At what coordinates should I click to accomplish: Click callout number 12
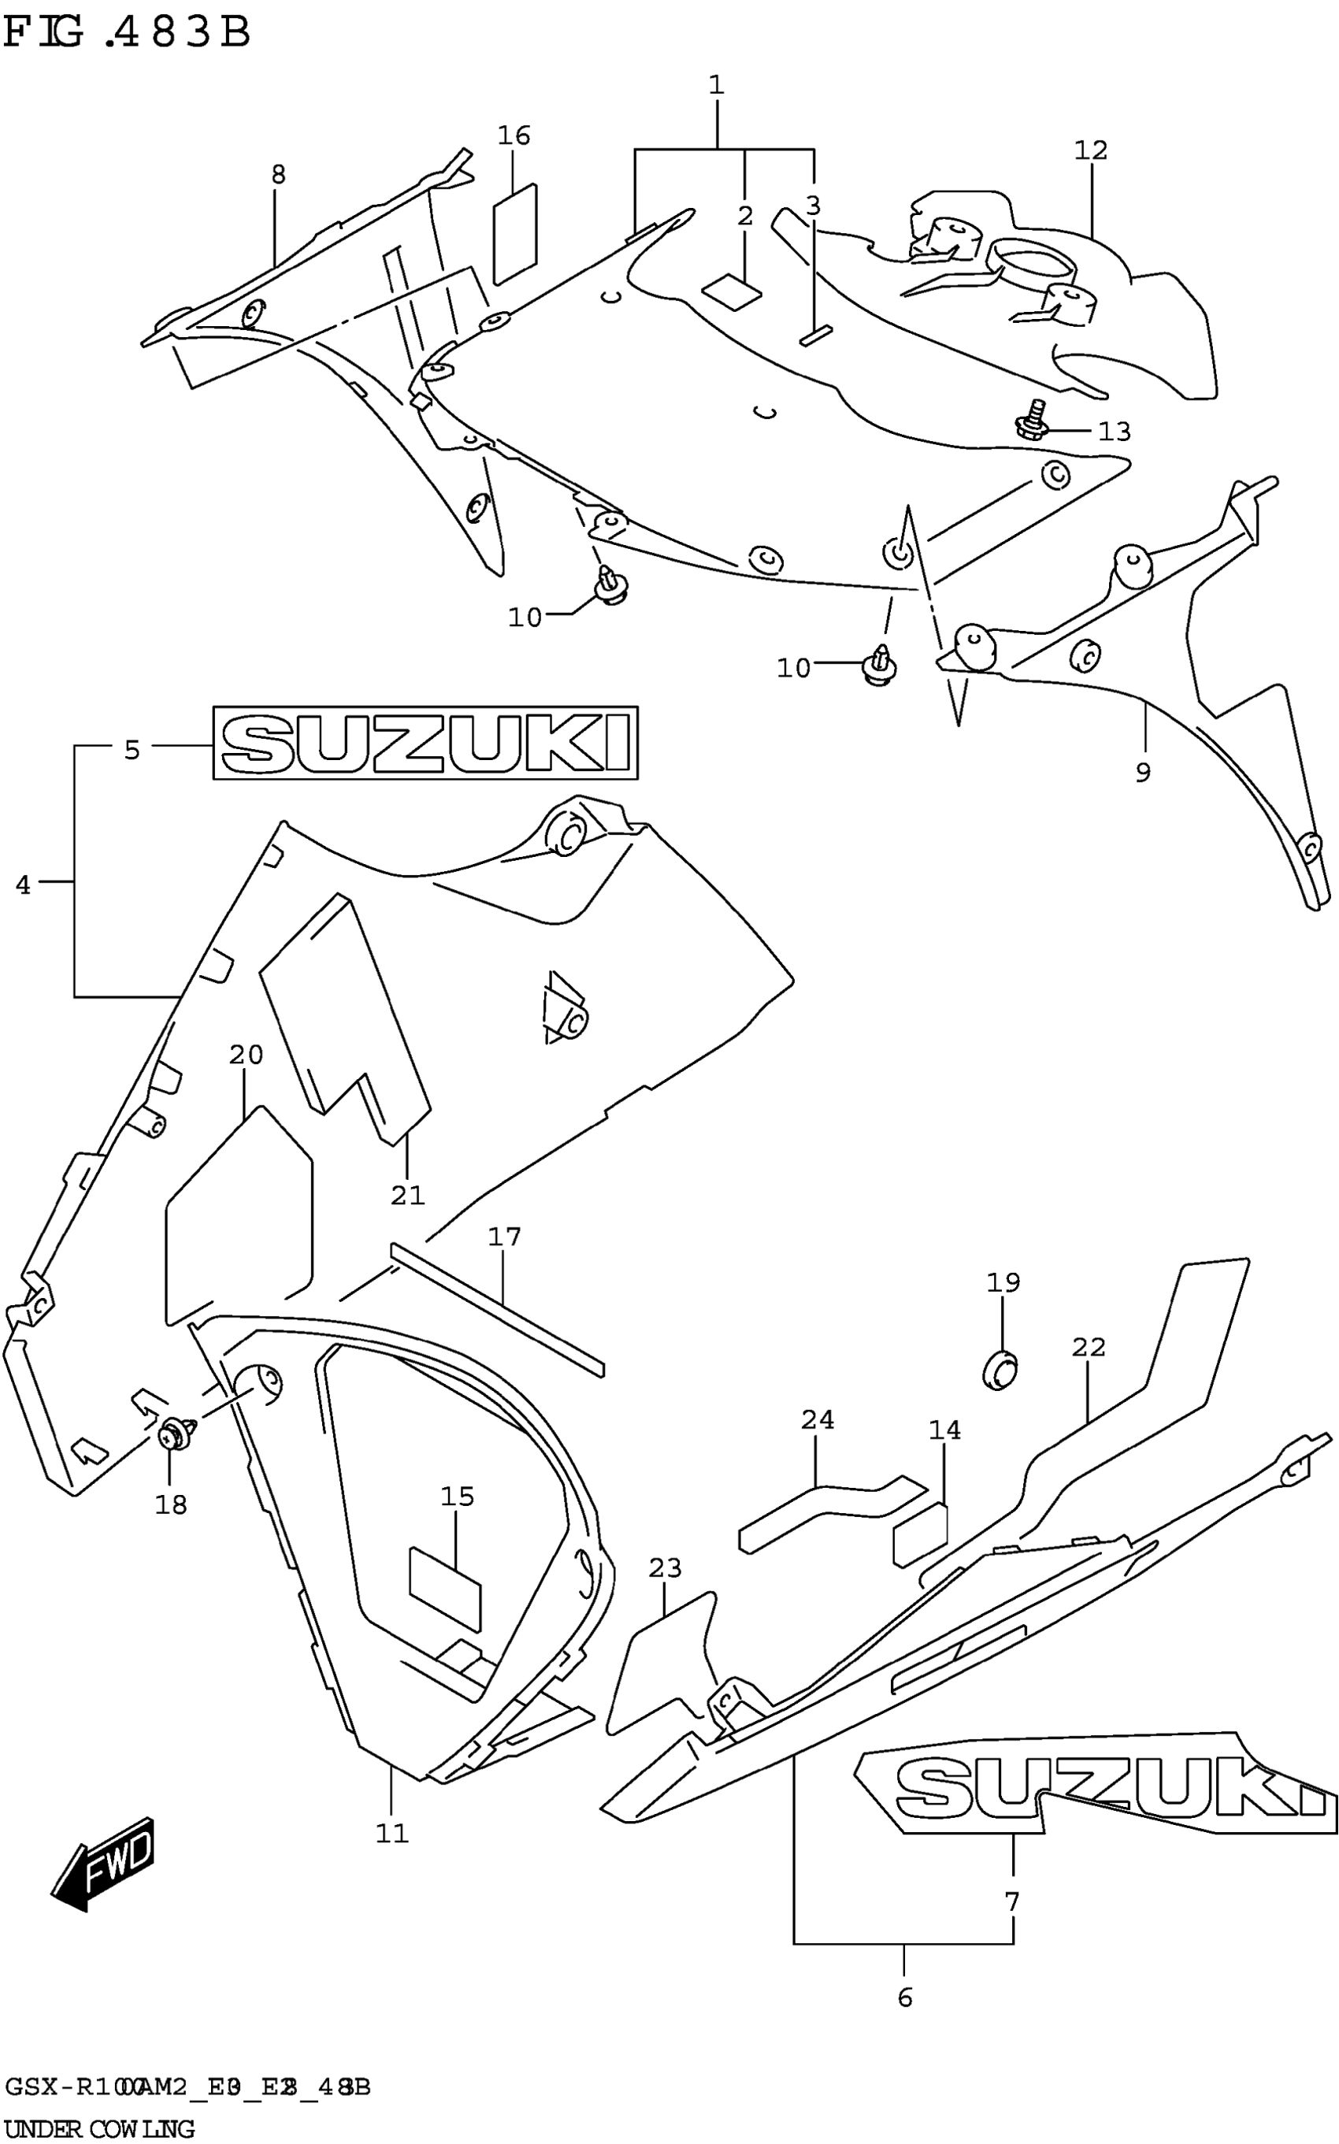[1090, 150]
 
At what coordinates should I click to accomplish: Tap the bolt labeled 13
[1032, 422]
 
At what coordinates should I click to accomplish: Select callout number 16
[514, 135]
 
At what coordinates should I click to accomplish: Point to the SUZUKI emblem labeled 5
[425, 743]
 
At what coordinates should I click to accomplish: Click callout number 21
[408, 1196]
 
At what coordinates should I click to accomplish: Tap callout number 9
[1142, 773]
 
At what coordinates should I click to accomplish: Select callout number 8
[278, 174]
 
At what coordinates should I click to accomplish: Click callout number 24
[817, 1419]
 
